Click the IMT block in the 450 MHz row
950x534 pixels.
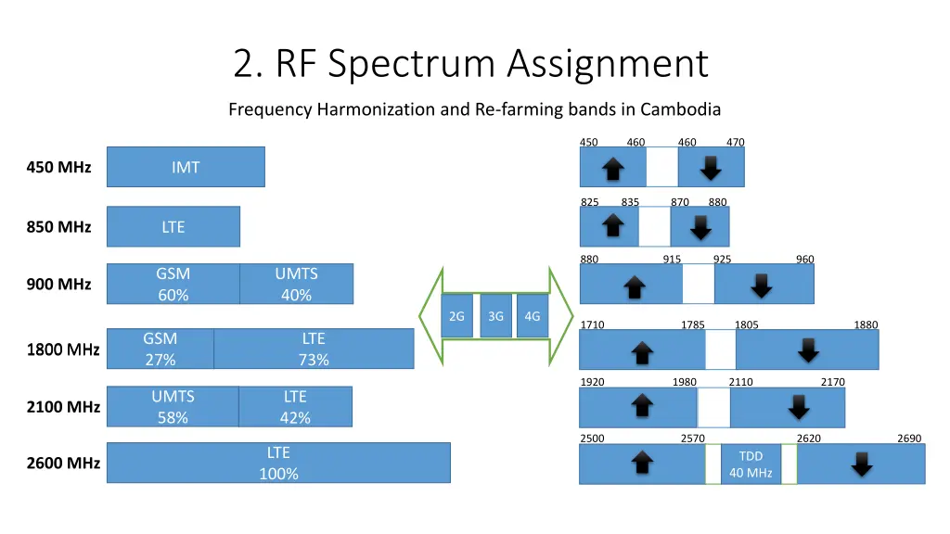click(x=186, y=167)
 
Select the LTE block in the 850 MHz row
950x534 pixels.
click(x=173, y=226)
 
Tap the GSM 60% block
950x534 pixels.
click(x=173, y=284)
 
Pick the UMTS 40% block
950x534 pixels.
click(x=296, y=284)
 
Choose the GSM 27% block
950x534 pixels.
click(x=160, y=349)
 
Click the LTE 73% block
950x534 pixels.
click(x=314, y=349)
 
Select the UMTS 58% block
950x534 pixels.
click(x=173, y=407)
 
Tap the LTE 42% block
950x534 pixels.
click(x=295, y=407)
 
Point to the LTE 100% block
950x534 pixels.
click(x=278, y=463)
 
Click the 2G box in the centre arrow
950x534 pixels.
click(x=456, y=316)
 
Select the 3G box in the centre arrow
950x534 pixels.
click(x=495, y=316)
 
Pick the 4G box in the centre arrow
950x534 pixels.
click(x=532, y=316)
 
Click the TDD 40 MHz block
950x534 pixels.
click(x=751, y=464)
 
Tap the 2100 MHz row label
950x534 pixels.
click(x=63, y=406)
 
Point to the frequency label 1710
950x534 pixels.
click(x=592, y=324)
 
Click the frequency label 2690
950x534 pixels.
click(x=909, y=439)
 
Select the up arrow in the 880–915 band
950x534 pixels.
click(x=635, y=287)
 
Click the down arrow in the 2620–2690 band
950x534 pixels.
click(x=862, y=464)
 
